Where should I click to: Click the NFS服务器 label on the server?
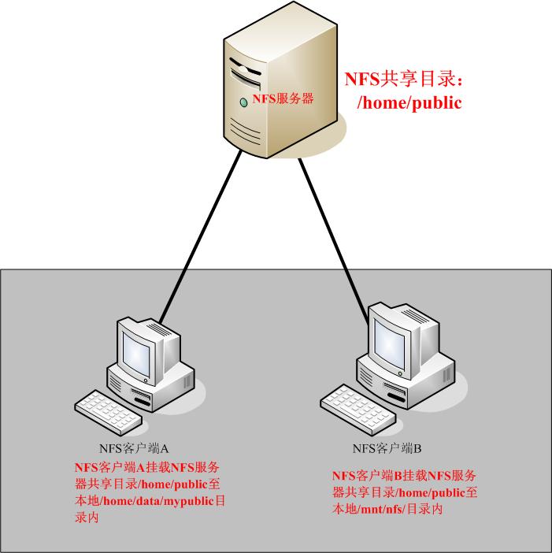pyautogui.click(x=283, y=98)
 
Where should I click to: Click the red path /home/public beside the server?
pyautogui.click(x=409, y=102)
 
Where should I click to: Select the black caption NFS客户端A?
pyautogui.click(x=129, y=449)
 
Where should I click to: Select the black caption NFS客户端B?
pyautogui.click(x=387, y=449)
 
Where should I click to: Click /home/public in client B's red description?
pyautogui.click(x=428, y=493)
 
